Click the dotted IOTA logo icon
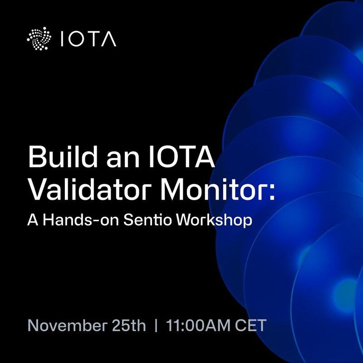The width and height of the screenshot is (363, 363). pyautogui.click(x=39, y=39)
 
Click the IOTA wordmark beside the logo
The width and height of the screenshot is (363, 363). pyautogui.click(x=88, y=39)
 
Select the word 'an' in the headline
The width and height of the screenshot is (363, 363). pyautogui.click(x=123, y=159)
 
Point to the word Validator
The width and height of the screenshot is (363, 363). pyautogui.click(x=92, y=189)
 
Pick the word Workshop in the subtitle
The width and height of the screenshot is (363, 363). pyautogui.click(x=214, y=220)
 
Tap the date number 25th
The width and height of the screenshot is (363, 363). pyautogui.click(x=129, y=325)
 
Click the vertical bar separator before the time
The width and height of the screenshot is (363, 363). pyautogui.click(x=156, y=325)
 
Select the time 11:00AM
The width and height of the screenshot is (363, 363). pyautogui.click(x=198, y=325)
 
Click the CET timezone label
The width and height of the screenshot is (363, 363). pyautogui.click(x=251, y=325)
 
